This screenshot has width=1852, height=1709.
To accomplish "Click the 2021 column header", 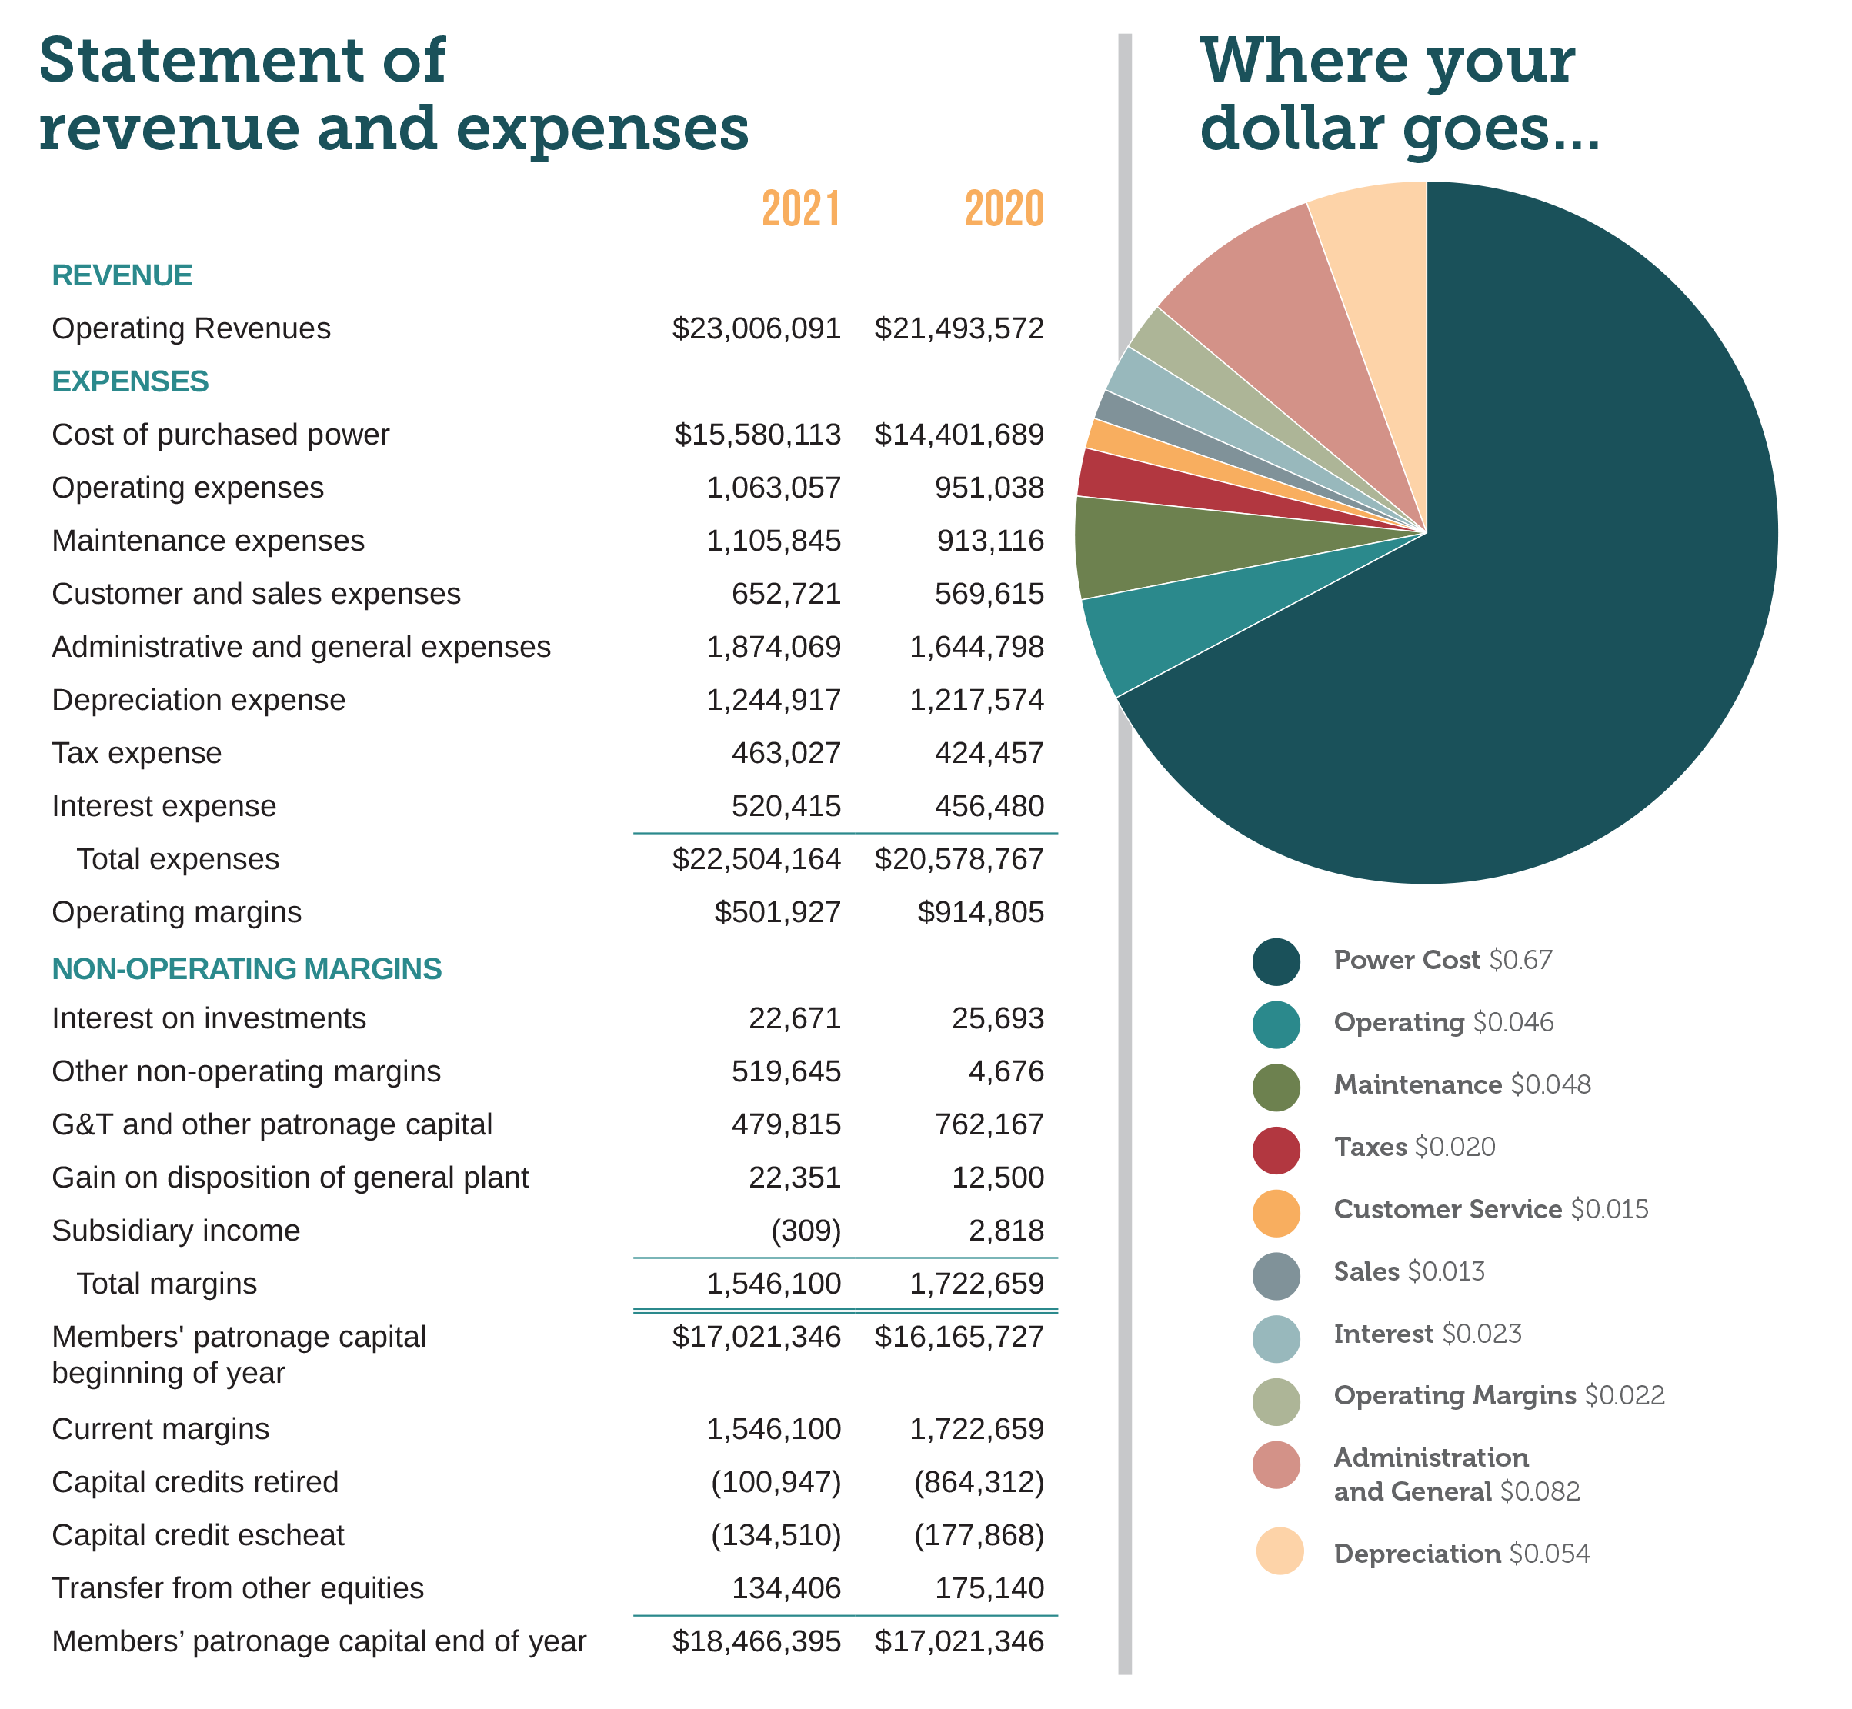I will tap(800, 208).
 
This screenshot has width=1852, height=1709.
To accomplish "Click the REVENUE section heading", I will tap(122, 275).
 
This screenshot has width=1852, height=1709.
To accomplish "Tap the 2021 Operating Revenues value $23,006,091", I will tap(756, 328).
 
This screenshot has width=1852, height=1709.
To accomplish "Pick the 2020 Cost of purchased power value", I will tap(959, 435).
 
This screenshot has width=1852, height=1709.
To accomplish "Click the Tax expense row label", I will tap(137, 753).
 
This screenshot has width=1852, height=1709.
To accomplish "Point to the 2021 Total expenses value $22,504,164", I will tap(756, 859).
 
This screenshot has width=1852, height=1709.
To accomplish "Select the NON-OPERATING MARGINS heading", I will tap(246, 968).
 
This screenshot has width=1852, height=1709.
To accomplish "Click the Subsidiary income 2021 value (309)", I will tap(806, 1231).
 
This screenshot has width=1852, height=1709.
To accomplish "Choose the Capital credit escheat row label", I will tap(198, 1535).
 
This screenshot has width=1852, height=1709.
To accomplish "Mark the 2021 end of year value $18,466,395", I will tap(756, 1641).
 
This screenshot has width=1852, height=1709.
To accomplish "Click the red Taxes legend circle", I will tap(1276, 1150).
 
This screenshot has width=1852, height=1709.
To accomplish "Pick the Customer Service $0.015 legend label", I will tap(1490, 1210).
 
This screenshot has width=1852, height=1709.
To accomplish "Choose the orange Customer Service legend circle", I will tap(1276, 1212).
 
